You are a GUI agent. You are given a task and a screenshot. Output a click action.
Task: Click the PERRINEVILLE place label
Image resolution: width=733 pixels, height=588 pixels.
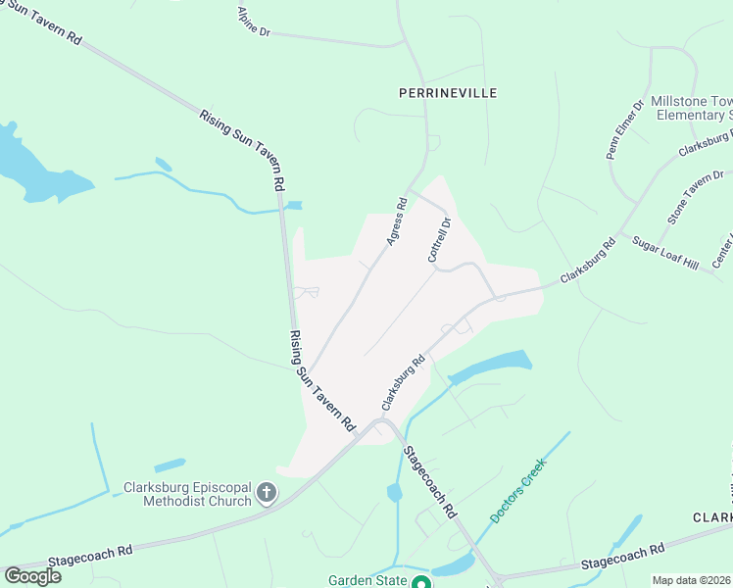[x=448, y=93]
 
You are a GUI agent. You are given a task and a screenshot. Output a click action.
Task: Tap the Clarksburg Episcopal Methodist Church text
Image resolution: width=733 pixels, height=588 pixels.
[x=187, y=495]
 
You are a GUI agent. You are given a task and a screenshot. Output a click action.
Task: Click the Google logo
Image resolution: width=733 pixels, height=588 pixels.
[x=32, y=576]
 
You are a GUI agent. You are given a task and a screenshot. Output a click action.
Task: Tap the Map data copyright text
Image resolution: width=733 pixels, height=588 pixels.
[x=690, y=580]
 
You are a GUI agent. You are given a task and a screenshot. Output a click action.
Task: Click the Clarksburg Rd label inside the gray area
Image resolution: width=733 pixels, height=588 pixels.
[x=403, y=382]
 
